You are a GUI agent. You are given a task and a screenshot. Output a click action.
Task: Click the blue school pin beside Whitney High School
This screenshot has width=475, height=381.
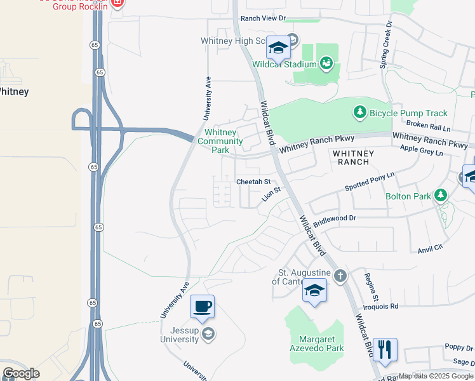coord(278,47)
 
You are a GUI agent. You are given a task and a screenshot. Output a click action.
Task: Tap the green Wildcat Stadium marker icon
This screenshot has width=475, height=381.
coord(326,63)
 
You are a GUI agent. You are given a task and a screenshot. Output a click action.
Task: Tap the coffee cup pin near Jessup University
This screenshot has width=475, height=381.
coord(202,307)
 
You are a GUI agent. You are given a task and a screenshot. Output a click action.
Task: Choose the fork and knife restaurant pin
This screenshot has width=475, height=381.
coord(385,350)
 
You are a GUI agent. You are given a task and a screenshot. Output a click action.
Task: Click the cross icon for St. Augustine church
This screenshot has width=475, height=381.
coord(340,276)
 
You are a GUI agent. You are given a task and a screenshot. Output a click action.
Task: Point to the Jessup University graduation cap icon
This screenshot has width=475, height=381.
coord(210,334)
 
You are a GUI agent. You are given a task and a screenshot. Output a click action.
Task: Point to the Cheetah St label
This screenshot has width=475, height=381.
coord(253,182)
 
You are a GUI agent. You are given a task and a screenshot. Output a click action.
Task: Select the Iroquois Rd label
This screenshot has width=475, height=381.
coord(381,305)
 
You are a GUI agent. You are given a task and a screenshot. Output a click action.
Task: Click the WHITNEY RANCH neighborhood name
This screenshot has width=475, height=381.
coord(351,157)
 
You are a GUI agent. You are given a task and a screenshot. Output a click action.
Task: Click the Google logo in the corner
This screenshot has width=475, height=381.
coord(21,373)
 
